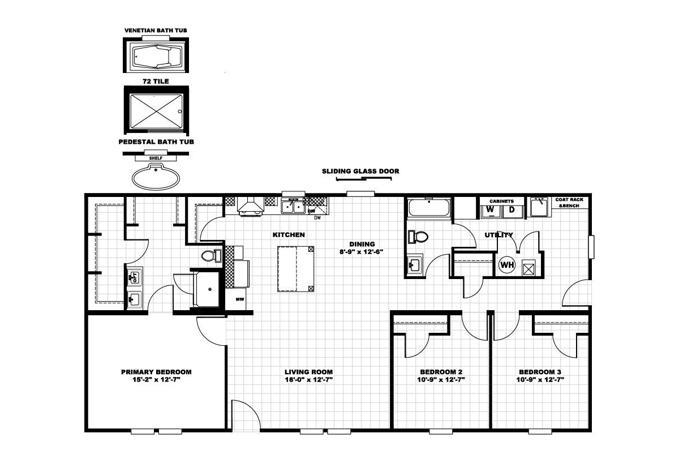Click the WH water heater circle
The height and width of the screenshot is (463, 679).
tap(507, 265)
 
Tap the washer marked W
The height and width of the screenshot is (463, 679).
tap(491, 211)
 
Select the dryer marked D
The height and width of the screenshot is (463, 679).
tap(512, 211)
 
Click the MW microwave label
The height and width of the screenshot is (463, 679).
tap(240, 299)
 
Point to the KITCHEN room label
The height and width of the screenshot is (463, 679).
tap(289, 235)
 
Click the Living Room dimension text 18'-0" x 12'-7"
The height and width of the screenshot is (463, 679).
tap(308, 380)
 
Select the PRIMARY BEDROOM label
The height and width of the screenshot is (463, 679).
tap(156, 372)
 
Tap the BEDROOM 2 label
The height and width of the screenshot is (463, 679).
tap(441, 372)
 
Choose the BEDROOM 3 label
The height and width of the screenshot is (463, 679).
tap(540, 372)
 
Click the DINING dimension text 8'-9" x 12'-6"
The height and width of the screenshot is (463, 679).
tap(362, 252)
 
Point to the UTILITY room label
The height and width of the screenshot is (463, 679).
tap(498, 235)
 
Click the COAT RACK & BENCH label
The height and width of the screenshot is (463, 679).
tap(569, 203)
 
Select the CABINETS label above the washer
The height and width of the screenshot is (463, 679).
tap(502, 201)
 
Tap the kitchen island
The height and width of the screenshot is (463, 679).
tap(295, 269)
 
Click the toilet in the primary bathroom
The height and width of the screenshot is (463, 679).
tap(211, 256)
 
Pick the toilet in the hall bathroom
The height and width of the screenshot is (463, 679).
tap(418, 237)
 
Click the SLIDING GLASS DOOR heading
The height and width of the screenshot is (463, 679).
tap(360, 171)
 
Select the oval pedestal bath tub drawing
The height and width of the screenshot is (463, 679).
tap(156, 177)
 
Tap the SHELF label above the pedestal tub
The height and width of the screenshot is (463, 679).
tap(156, 158)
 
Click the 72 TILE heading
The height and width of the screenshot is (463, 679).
tap(156, 82)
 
